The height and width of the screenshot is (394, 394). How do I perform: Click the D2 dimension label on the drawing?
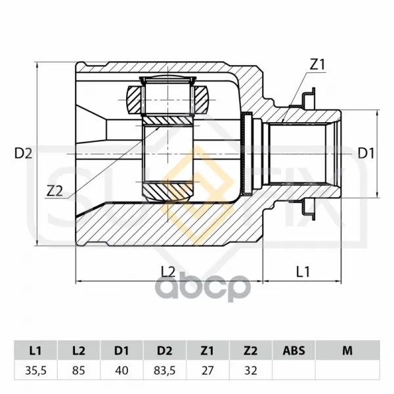[x=24, y=153]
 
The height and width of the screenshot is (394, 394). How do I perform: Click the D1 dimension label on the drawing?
[x=366, y=153]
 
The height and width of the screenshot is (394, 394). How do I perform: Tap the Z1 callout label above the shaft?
[x=317, y=64]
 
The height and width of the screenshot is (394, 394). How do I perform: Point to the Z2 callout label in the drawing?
[x=55, y=192]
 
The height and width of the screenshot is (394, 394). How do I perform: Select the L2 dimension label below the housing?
[x=168, y=272]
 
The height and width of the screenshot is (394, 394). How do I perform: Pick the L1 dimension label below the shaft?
[x=303, y=272]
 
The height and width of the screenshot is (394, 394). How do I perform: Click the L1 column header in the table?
[x=35, y=350]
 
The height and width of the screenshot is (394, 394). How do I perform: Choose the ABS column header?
[x=294, y=350]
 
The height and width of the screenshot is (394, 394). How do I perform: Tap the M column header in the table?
[x=347, y=350]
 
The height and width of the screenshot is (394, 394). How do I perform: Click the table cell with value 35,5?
[x=35, y=370]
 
